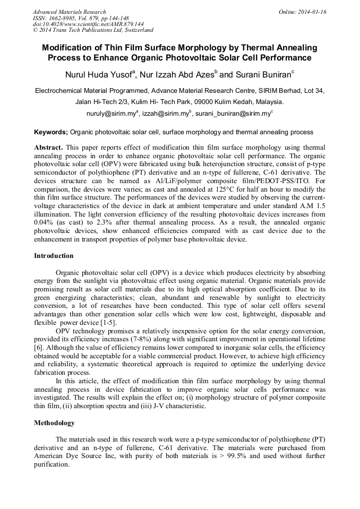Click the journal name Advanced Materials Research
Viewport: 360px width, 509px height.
point(69,12)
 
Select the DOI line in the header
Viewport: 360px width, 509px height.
point(88,24)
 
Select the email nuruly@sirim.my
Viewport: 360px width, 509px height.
point(110,113)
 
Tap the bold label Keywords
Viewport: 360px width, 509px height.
point(51,132)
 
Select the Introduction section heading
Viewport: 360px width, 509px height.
point(54,256)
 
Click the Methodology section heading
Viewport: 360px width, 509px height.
point(54,423)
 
